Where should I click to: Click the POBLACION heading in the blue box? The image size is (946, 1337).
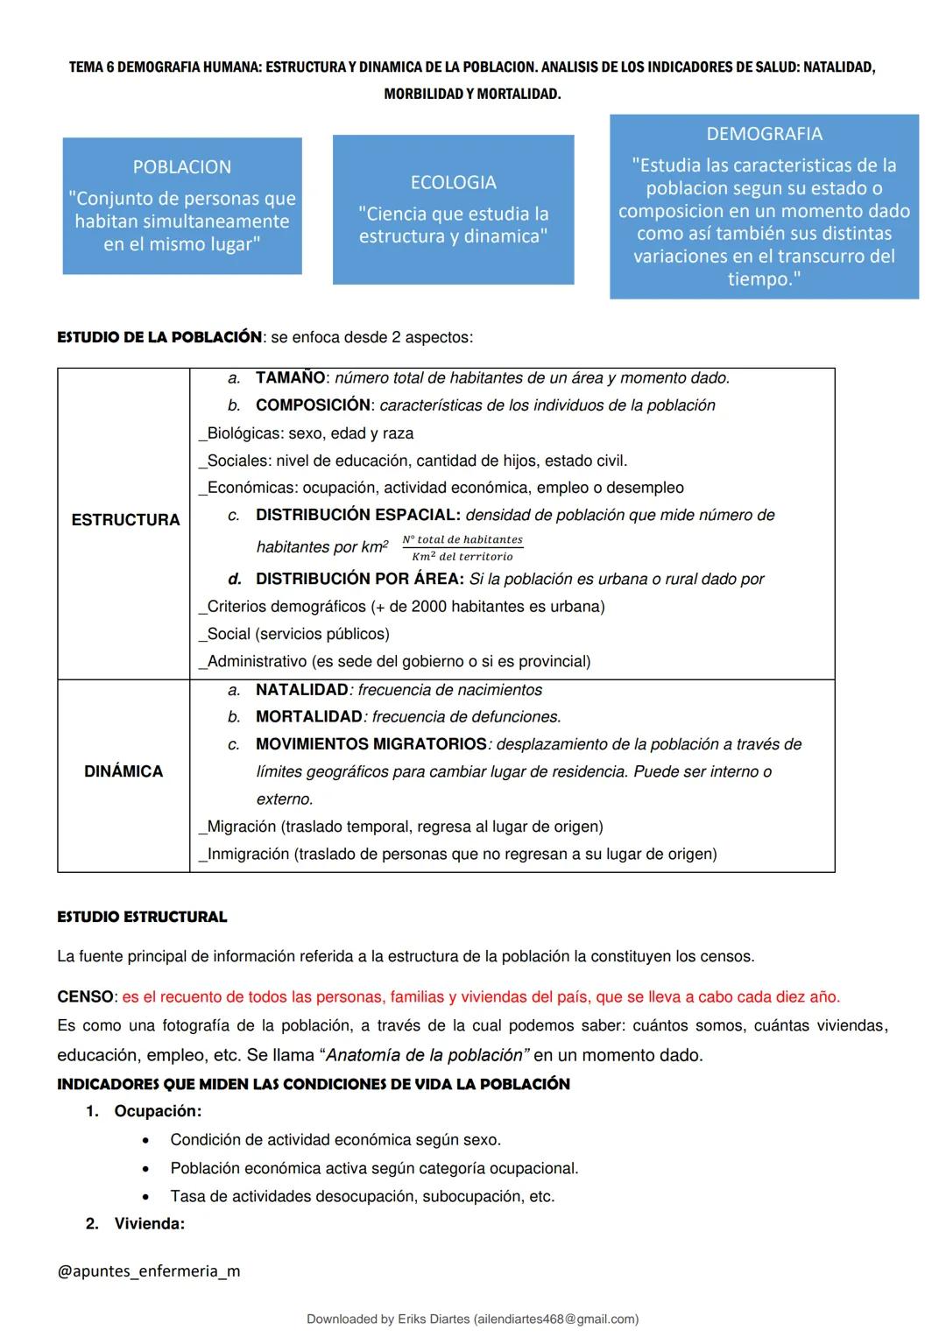[182, 166]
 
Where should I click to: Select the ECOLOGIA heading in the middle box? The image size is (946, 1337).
[453, 182]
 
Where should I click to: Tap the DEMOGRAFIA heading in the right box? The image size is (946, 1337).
[764, 134]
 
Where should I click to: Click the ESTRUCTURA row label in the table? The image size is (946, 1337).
[125, 520]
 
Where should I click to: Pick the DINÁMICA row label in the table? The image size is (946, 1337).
[124, 771]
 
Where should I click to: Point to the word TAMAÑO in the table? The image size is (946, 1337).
[290, 378]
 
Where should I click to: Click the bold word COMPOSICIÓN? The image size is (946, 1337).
[313, 405]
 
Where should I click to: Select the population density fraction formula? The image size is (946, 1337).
[462, 548]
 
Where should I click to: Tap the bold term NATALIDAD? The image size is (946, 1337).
[301, 690]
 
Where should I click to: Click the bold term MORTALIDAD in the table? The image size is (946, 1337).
[308, 717]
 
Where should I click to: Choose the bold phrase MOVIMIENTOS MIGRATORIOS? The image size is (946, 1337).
[371, 744]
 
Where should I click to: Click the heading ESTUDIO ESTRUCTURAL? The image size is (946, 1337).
[142, 917]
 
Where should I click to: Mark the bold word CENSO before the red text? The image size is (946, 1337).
[85, 997]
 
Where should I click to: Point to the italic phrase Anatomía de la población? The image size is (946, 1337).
[427, 1055]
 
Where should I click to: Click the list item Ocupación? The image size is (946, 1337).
[158, 1111]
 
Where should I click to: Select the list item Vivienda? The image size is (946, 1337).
[149, 1224]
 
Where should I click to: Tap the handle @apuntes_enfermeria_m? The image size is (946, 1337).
[148, 1270]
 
